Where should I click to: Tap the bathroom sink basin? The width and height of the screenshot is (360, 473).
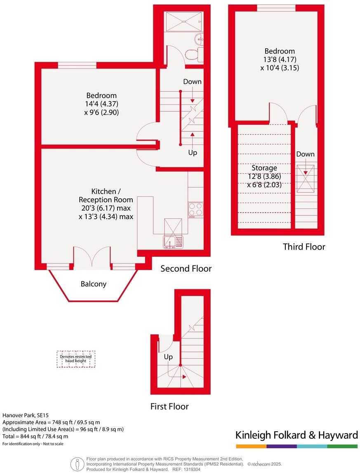[199, 40]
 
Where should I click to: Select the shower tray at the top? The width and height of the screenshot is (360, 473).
[184, 21]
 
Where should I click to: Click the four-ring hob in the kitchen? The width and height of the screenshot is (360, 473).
[195, 209]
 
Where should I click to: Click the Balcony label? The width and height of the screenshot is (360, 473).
[93, 284]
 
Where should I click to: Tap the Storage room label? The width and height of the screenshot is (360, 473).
[264, 168]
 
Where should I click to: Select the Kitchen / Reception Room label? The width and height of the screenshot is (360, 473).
[106, 192]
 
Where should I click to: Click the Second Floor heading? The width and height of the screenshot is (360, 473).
[186, 269]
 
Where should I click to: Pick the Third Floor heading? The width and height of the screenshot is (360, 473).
[304, 247]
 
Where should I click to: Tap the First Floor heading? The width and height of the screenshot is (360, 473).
[169, 407]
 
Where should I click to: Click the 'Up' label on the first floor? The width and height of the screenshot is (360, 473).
[168, 357]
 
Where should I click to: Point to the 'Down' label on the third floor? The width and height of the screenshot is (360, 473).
[305, 154]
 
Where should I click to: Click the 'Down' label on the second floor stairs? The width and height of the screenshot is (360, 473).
[192, 82]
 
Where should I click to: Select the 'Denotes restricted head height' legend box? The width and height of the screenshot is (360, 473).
[76, 359]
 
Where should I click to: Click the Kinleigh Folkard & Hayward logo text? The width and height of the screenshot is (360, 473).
[296, 435]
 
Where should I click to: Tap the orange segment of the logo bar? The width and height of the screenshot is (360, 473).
[251, 446]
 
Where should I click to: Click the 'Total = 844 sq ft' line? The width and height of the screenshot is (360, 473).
[35, 436]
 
